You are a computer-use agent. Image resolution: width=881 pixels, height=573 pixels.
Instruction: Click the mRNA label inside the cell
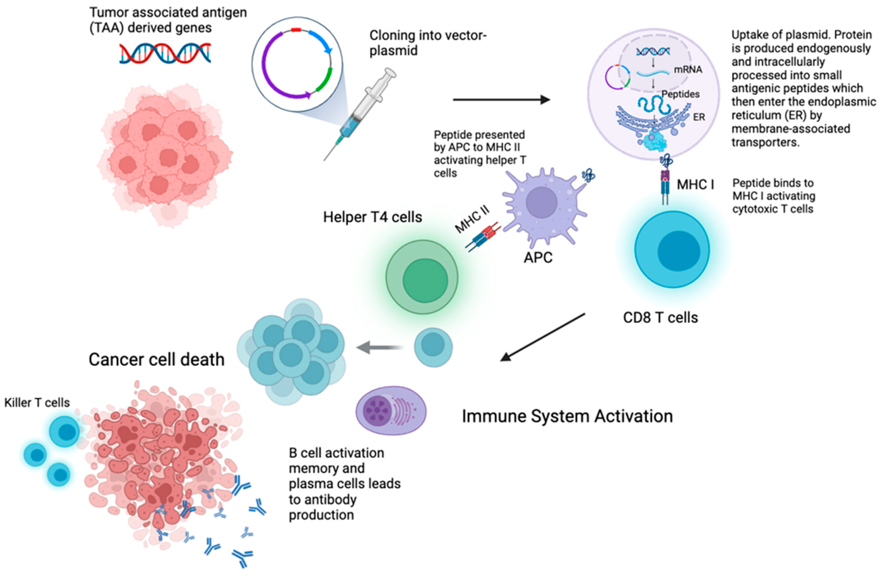[688, 69]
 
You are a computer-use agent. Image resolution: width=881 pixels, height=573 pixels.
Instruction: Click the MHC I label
[695, 184]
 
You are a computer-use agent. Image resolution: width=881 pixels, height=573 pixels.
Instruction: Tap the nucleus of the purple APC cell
[542, 202]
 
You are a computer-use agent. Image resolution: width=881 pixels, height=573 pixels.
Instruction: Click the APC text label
[538, 257]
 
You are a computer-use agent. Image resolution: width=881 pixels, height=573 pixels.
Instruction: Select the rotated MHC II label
[472, 219]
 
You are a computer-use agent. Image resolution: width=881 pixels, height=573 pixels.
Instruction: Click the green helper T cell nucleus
[425, 280]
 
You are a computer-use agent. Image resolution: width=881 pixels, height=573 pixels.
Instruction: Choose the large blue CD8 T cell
[672, 249]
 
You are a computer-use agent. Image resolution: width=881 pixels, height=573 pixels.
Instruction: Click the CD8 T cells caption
[660, 318]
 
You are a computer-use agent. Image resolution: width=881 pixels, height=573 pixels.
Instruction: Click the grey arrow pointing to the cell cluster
[379, 347]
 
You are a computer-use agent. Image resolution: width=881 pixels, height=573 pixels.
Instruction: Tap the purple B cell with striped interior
[391, 410]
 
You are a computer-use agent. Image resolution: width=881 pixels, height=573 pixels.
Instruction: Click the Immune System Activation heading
[567, 416]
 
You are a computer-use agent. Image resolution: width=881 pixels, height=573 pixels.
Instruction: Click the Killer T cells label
[37, 402]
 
